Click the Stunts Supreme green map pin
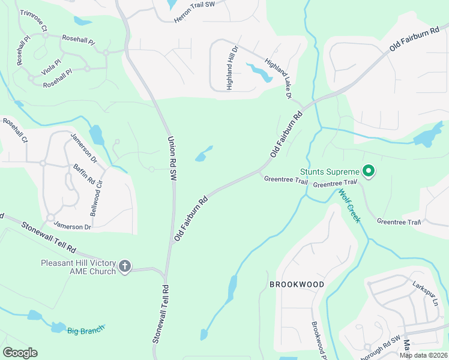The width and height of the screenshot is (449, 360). [x=369, y=172]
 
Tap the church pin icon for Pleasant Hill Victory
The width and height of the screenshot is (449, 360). [x=125, y=266]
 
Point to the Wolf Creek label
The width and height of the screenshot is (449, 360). [x=349, y=206]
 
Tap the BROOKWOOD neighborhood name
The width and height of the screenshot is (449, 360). [x=297, y=284]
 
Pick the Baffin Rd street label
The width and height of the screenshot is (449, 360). [x=84, y=175]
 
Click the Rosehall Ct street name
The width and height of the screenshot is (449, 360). [x=15, y=131]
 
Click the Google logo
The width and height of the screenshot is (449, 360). [x=19, y=353]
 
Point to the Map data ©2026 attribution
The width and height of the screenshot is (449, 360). [x=423, y=355]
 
